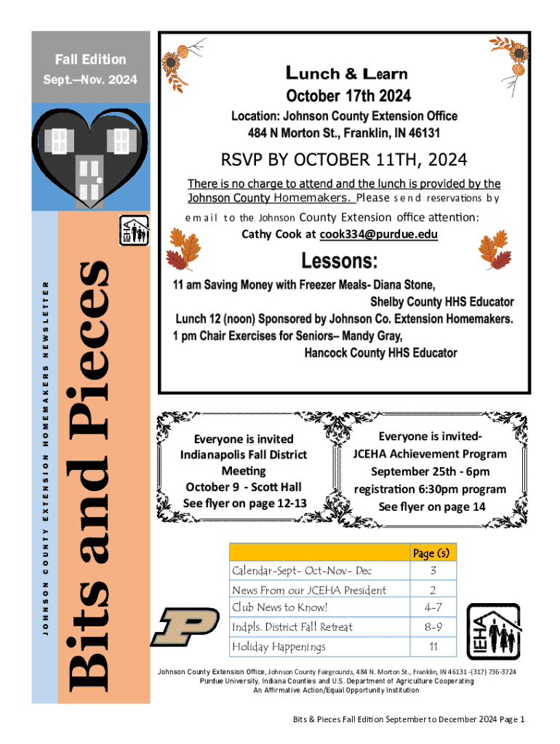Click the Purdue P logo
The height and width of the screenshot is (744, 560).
(184, 627)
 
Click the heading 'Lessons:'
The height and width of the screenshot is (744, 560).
(340, 261)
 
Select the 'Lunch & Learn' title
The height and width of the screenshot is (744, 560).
(348, 73)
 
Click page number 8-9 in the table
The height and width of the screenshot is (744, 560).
(432, 626)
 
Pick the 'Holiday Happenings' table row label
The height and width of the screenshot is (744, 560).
(279, 646)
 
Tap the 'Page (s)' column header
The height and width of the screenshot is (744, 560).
(432, 553)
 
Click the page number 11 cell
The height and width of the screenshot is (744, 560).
(432, 646)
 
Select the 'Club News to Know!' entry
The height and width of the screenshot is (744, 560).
(280, 607)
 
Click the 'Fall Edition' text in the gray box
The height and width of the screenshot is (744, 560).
(92, 60)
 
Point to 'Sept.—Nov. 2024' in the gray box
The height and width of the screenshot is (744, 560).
(92, 79)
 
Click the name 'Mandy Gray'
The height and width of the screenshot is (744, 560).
(374, 336)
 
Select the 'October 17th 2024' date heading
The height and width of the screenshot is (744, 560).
(348, 96)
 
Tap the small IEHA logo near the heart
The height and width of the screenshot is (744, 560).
(134, 230)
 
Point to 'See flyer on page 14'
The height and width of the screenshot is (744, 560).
(432, 507)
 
